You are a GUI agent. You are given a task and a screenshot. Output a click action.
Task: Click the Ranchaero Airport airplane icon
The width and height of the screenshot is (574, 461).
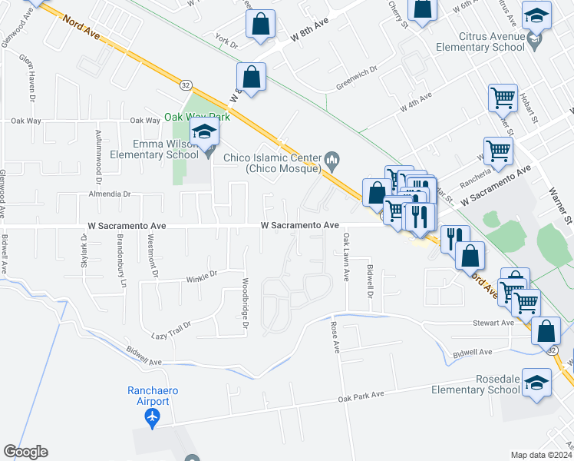click(x=153, y=416)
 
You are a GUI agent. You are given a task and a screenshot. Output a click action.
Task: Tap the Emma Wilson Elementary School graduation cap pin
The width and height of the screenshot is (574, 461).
click(x=205, y=133)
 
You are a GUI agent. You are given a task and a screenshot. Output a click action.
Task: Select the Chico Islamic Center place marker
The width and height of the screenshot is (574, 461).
click(x=332, y=160)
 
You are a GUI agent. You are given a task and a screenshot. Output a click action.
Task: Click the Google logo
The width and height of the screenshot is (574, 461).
click(x=25, y=452)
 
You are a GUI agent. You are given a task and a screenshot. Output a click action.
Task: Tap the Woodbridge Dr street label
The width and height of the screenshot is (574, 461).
click(x=246, y=304)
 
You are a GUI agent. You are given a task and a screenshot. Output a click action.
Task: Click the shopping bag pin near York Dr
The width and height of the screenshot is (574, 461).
click(x=260, y=25)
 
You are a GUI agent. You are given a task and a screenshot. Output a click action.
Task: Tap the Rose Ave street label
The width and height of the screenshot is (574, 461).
click(x=335, y=337)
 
